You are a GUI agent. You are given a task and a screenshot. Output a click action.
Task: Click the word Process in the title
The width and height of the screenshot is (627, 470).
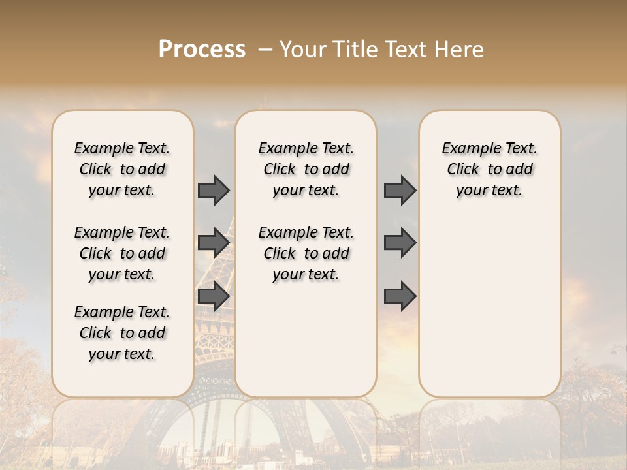tap(202, 50)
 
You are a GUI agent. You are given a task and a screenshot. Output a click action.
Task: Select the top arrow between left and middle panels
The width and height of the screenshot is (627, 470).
tap(214, 190)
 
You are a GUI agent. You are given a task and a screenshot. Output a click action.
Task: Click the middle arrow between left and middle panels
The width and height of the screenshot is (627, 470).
tap(214, 242)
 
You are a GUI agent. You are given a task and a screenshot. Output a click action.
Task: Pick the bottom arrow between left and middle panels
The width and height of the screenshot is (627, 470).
tap(214, 296)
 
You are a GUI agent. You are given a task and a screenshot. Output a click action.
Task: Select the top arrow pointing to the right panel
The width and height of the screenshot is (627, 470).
tap(400, 190)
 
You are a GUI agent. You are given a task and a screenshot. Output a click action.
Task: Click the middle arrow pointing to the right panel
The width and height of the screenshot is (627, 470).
tap(400, 242)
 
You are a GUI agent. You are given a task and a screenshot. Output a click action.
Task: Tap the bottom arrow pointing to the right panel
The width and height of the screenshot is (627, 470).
tap(400, 296)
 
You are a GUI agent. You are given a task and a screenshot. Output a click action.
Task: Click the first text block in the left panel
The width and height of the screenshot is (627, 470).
tap(122, 169)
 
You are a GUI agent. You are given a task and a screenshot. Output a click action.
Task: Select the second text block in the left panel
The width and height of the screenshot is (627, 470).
tap(122, 253)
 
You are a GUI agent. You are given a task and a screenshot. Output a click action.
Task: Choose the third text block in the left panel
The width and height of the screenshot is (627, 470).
tap(122, 333)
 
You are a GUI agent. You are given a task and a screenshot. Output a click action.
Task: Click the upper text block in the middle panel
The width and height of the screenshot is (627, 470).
tap(306, 169)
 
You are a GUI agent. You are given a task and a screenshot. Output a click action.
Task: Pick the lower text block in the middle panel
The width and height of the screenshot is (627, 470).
tap(306, 253)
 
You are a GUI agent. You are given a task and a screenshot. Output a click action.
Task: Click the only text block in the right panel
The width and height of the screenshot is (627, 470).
tap(490, 169)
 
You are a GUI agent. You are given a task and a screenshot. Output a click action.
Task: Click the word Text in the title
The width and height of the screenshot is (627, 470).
tap(405, 50)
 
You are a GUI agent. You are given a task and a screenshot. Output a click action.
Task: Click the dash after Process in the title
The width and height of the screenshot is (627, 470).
tap(265, 50)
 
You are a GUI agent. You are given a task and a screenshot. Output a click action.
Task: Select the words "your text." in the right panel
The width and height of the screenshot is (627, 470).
tap(490, 191)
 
